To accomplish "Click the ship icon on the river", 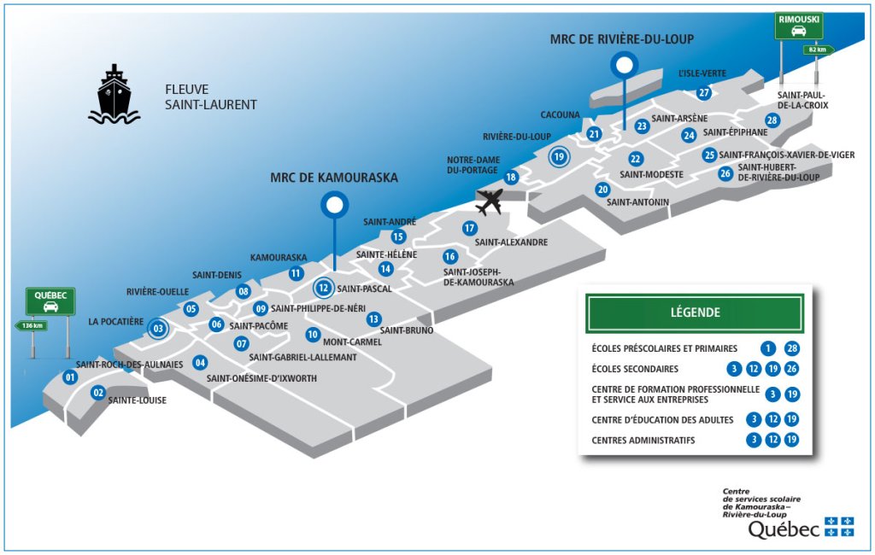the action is [x=115, y=95].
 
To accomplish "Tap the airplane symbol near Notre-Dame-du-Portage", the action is [x=490, y=202].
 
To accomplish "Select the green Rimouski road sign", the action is [x=799, y=26].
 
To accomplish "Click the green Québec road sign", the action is [x=50, y=301].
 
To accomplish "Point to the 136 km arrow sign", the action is [x=31, y=326].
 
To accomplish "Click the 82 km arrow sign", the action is [x=819, y=50].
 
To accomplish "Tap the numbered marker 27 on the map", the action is [x=704, y=92].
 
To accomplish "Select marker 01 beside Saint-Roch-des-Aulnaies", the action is [x=70, y=377].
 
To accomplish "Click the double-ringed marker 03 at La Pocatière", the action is [x=158, y=329].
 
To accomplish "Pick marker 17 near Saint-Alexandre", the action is [x=470, y=228].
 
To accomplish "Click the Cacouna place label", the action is [x=561, y=115].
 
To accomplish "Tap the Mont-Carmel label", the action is [x=352, y=342].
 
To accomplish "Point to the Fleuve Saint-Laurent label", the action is [x=211, y=97].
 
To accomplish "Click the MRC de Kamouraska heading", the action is [x=334, y=178].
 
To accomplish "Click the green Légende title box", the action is [x=695, y=313].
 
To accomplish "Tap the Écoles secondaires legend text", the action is [x=635, y=369].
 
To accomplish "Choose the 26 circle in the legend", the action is [x=792, y=369].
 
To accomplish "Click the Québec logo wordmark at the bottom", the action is [x=784, y=529].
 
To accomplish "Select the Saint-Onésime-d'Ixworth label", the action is [x=261, y=379].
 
